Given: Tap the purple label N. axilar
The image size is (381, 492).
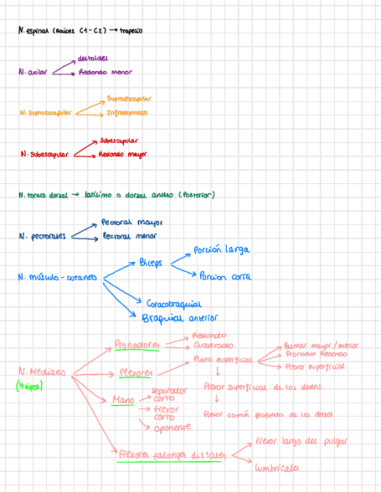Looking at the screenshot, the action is point(33,73).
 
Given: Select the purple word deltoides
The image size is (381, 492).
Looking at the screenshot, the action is point(92,59).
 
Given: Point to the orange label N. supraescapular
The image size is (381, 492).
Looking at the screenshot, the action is point(46,113).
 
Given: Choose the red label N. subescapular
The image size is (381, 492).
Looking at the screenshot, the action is point(44,154).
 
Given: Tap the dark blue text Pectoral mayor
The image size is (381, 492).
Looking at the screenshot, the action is point(132,222).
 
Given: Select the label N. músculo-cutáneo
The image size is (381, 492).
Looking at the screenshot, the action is point(57,277).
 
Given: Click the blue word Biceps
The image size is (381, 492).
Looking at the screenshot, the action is point(151,263).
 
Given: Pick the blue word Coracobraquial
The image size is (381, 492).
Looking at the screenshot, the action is point(174,303).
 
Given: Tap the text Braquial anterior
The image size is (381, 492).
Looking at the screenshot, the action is point(179,318).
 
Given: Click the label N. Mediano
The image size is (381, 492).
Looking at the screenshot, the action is point(42,372).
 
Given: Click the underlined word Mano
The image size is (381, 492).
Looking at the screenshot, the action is point(124,400).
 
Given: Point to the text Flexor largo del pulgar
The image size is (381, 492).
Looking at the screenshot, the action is point(301,442).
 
